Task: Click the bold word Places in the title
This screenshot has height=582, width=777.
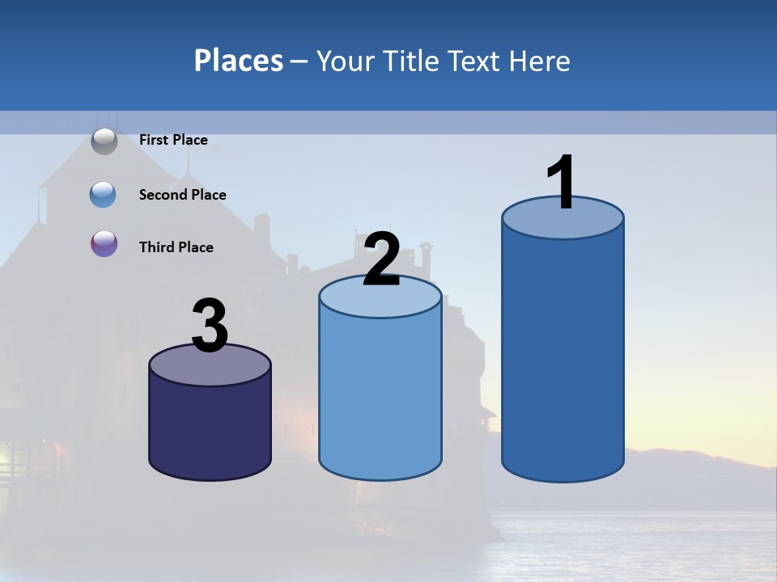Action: click(x=239, y=61)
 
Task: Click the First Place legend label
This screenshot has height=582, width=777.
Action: click(x=173, y=140)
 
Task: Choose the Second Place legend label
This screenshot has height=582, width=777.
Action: click(x=183, y=195)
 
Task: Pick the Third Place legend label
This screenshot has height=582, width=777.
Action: click(x=176, y=247)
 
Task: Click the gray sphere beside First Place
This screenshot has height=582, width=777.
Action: click(x=104, y=141)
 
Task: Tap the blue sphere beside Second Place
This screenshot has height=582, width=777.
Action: click(x=104, y=194)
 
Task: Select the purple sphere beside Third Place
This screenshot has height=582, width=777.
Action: click(x=104, y=243)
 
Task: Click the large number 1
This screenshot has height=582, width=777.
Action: click(x=562, y=182)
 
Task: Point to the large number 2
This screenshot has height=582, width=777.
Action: click(x=381, y=259)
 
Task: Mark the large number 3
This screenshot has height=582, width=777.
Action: click(x=210, y=326)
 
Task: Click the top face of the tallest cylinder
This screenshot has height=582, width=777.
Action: click(x=563, y=222)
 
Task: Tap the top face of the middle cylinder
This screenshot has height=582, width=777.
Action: click(x=380, y=299)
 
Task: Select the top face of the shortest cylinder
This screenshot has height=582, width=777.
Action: click(x=210, y=368)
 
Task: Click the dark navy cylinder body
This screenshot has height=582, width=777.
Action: click(x=210, y=428)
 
